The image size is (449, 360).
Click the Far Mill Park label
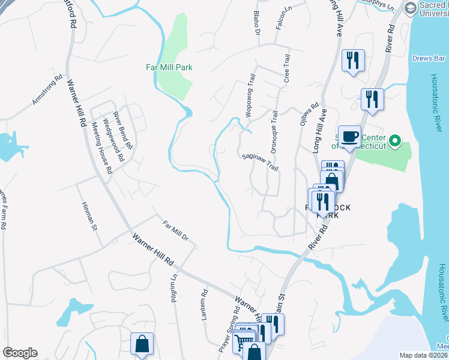(170, 67)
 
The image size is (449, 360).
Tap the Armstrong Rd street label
(47, 90)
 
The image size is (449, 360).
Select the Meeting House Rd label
(101, 148)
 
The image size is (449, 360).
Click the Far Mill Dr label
(176, 232)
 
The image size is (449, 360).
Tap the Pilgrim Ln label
(174, 287)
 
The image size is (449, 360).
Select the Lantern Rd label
(204, 304)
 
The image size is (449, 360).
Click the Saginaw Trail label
(261, 162)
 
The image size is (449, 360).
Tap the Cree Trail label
(287, 68)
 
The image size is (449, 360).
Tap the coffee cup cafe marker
(349, 136)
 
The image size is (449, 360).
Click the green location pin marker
(394, 142)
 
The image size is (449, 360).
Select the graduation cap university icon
(411, 8)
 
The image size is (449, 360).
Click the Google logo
(20, 353)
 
